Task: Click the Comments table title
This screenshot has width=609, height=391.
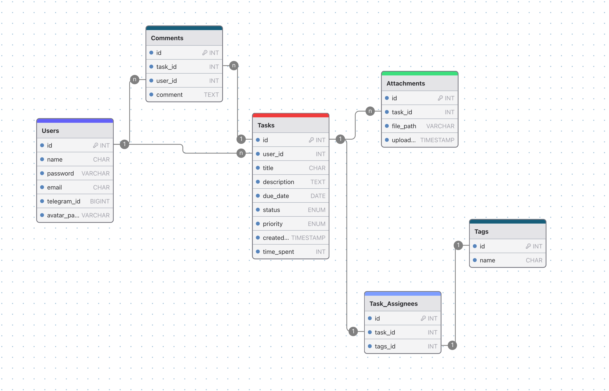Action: click(x=167, y=38)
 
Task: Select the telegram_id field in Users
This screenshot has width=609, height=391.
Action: click(x=63, y=201)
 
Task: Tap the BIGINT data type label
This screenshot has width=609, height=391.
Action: click(x=100, y=201)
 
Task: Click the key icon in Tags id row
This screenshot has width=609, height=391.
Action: click(x=528, y=246)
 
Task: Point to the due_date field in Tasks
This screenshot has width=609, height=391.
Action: click(x=276, y=196)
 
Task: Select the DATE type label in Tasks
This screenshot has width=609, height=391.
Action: click(x=318, y=196)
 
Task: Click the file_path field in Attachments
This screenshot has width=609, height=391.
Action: click(x=404, y=126)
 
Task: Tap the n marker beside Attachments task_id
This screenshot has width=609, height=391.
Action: click(x=370, y=111)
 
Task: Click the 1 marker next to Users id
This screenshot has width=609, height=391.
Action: click(x=124, y=144)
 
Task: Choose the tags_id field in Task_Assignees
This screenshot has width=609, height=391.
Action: click(x=385, y=346)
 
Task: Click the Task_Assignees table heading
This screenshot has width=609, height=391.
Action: click(x=393, y=304)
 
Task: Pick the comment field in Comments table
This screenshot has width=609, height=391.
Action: click(x=169, y=95)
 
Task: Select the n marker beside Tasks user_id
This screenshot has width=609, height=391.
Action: click(x=241, y=153)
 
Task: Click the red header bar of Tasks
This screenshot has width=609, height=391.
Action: click(x=290, y=116)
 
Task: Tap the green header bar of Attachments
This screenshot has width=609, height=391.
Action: click(x=419, y=74)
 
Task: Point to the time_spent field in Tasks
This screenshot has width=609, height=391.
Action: click(x=278, y=252)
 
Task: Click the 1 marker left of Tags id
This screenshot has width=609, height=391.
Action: click(x=458, y=245)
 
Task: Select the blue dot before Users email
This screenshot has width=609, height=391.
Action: click(x=42, y=187)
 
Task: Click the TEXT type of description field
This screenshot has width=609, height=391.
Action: click(x=318, y=182)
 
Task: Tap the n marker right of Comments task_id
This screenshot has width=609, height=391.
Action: click(x=234, y=66)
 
